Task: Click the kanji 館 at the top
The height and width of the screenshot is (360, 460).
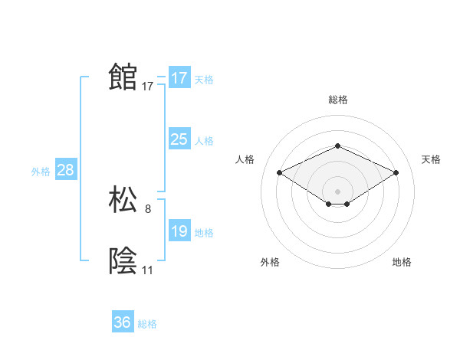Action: [x=123, y=77]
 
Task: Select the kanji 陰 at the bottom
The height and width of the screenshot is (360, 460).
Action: [x=123, y=261]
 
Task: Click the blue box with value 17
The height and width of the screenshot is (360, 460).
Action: [x=179, y=78]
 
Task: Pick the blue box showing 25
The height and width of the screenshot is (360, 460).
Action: [x=179, y=139]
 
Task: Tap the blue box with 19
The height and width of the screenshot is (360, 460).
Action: [x=179, y=231]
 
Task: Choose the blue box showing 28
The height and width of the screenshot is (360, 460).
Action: [x=65, y=170]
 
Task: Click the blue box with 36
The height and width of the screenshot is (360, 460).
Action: [x=123, y=322]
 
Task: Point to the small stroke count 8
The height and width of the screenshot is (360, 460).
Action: [x=148, y=208]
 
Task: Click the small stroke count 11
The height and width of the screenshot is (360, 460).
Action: [x=148, y=270]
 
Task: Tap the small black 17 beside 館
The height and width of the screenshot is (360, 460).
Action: [x=148, y=87]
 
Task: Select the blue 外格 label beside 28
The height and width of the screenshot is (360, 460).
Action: [x=41, y=172]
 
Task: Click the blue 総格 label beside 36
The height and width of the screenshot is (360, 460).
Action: [x=148, y=324]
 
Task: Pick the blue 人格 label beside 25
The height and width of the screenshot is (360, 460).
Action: [x=204, y=141]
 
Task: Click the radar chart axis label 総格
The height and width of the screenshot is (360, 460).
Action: [x=337, y=100]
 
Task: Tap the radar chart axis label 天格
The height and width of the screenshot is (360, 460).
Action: [x=431, y=159]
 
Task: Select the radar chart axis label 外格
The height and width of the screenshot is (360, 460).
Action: [x=270, y=263]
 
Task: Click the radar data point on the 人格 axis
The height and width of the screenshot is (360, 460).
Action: [x=280, y=173]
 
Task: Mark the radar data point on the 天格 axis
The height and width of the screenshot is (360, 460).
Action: [x=396, y=173]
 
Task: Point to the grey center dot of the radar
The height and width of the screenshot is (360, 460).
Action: [x=337, y=191]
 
